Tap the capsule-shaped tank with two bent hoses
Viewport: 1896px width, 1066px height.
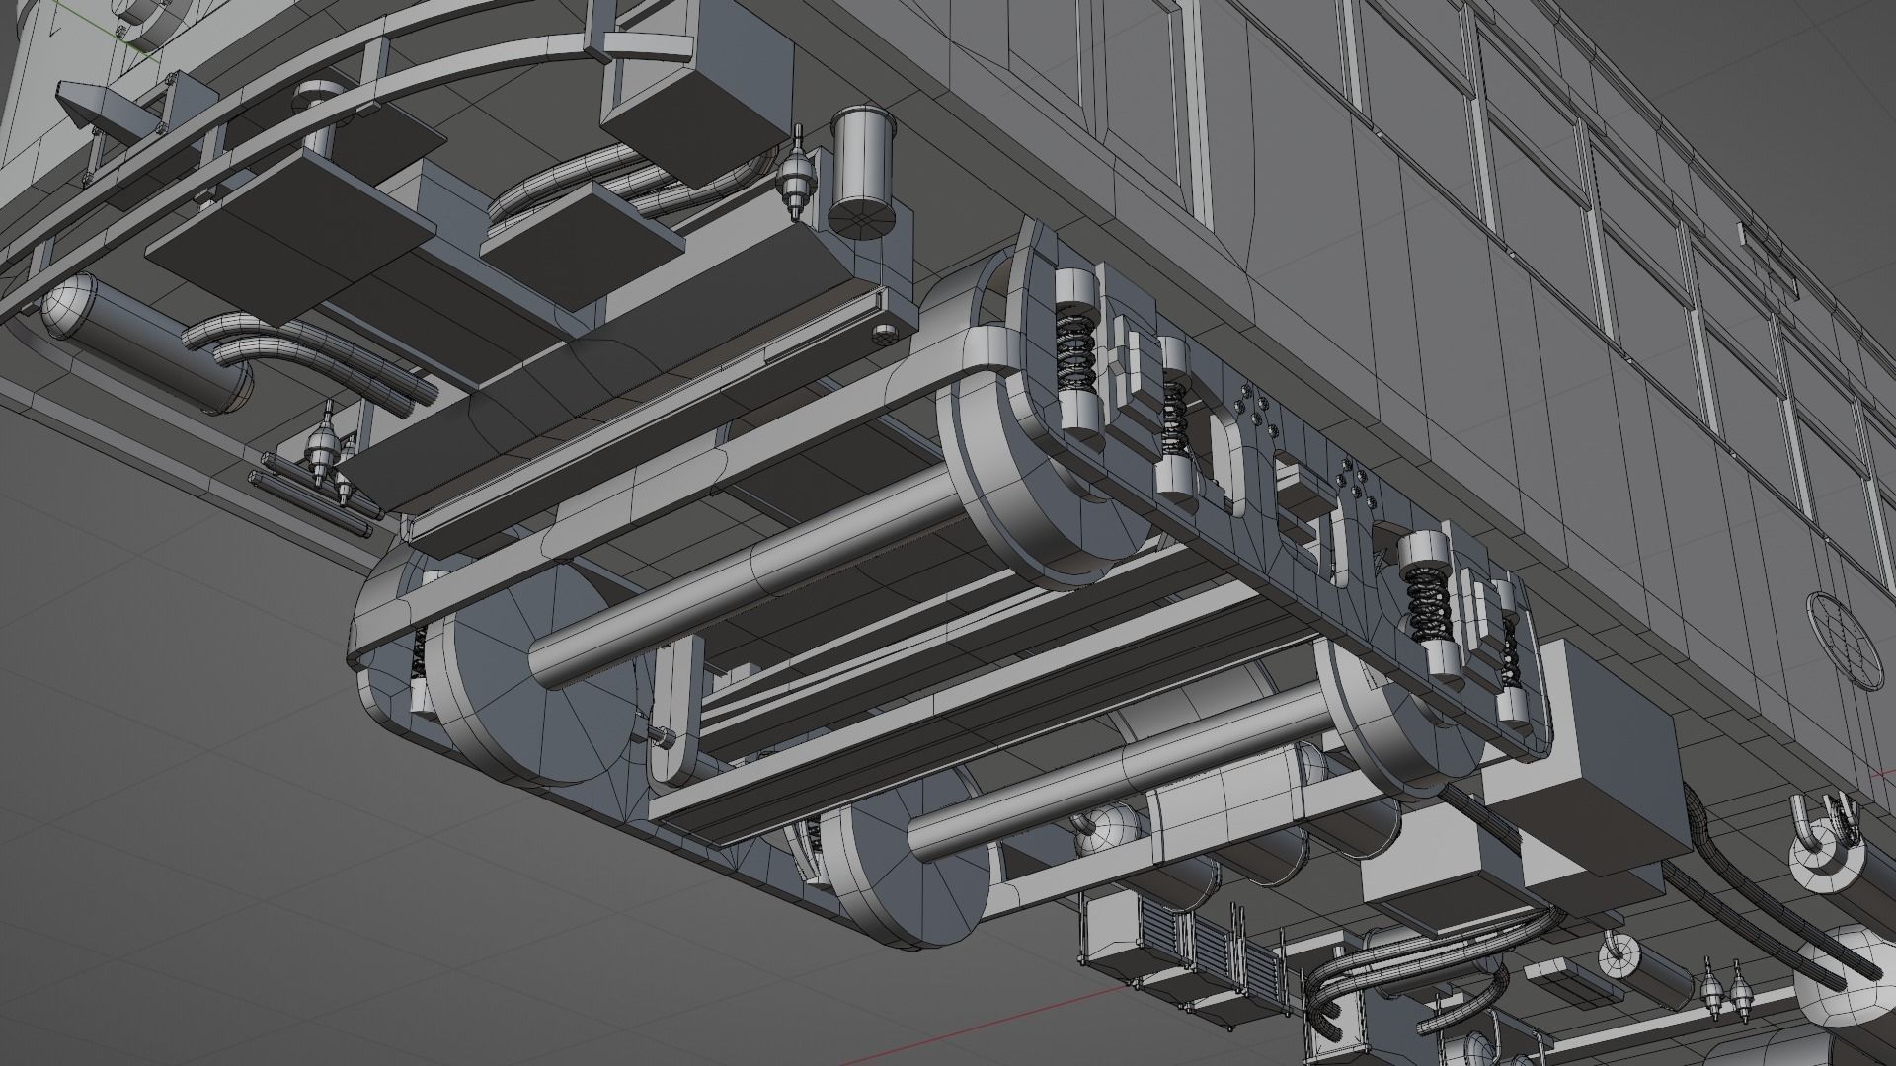148,345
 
